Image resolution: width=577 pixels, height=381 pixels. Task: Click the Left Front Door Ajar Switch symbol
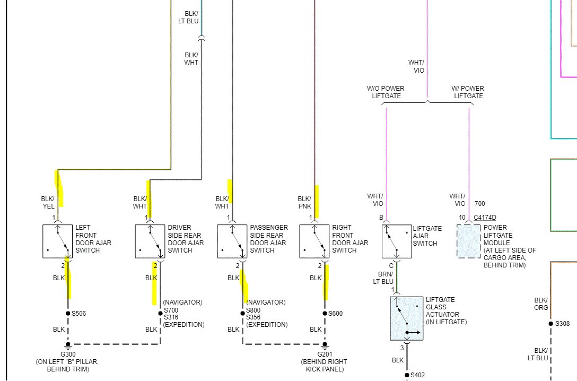click(57, 241)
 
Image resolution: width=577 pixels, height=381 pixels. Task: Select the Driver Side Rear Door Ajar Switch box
click(150, 241)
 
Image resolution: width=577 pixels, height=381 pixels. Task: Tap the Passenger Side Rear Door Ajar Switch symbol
click(232, 241)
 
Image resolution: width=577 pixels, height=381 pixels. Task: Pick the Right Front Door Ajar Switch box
click(314, 241)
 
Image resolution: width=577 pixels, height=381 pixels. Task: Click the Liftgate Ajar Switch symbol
click(397, 241)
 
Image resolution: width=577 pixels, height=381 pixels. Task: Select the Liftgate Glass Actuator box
click(407, 318)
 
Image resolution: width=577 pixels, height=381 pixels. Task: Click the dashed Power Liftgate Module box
click(469, 241)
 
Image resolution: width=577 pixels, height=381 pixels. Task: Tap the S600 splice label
click(335, 314)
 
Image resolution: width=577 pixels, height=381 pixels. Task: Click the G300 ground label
click(67, 354)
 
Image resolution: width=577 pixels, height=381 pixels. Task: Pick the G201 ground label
click(325, 354)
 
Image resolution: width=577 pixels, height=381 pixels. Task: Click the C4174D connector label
click(485, 218)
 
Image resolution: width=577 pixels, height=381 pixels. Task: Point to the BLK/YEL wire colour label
click(48, 203)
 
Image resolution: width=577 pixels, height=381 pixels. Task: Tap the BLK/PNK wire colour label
click(304, 203)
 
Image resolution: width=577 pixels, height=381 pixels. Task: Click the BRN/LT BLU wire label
click(383, 278)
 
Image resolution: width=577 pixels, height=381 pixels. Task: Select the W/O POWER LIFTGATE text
click(386, 92)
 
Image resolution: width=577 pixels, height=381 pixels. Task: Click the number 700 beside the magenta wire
click(480, 204)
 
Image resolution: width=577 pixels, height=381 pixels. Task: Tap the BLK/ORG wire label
click(541, 304)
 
